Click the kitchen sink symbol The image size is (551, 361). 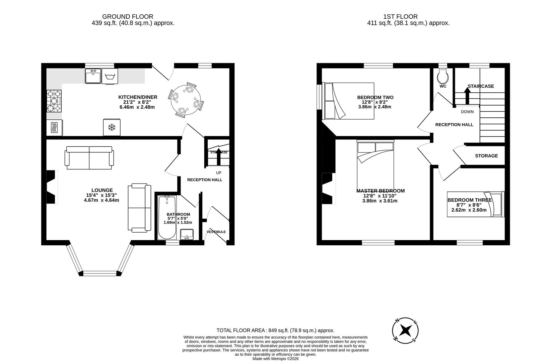(93, 76)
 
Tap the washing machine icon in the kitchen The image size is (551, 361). (110, 77)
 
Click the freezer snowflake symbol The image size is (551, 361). (112, 127)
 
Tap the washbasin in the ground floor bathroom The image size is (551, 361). (187, 234)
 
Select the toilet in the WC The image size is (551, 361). (443, 76)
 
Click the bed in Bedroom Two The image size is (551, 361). (348, 101)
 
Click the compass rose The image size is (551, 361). (405, 330)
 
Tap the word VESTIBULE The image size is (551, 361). (216, 232)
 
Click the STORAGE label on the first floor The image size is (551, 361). (486, 156)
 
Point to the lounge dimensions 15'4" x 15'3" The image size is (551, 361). (101, 195)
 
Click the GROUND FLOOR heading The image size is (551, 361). (128, 16)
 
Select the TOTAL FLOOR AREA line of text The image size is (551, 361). (275, 330)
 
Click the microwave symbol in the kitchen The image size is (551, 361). (54, 128)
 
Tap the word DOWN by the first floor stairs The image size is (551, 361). (467, 112)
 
